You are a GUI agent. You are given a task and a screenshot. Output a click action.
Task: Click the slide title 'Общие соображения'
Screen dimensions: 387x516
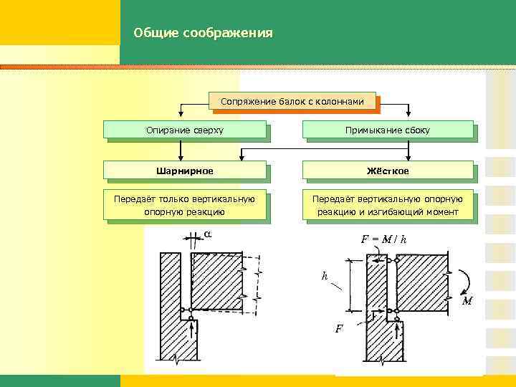click(x=203, y=33)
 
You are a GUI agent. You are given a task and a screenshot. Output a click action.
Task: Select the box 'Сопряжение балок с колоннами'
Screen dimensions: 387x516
click(x=293, y=102)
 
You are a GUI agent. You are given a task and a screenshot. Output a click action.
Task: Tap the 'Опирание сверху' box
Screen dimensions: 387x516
click(x=185, y=130)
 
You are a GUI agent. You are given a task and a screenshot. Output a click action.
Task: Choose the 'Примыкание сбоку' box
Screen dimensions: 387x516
click(x=388, y=130)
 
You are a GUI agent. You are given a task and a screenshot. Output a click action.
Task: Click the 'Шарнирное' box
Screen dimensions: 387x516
click(x=185, y=170)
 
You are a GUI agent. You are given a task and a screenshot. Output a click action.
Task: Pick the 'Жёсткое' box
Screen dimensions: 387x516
click(x=388, y=170)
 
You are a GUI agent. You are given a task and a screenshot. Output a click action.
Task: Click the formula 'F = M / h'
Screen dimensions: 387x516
click(x=383, y=239)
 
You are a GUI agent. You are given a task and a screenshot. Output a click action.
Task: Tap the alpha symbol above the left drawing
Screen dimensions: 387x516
click(x=207, y=234)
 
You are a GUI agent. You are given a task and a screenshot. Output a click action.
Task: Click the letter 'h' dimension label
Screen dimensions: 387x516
click(x=325, y=276)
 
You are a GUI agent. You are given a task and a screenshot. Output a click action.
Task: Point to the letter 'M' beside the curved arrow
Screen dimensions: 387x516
click(x=467, y=302)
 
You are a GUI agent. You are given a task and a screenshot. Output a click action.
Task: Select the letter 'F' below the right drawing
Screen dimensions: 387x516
click(x=339, y=329)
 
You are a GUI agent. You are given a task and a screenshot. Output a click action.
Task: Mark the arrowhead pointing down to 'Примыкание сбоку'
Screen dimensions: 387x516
click(x=408, y=113)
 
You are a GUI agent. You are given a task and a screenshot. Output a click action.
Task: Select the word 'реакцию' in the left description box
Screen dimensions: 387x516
click(x=206, y=212)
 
